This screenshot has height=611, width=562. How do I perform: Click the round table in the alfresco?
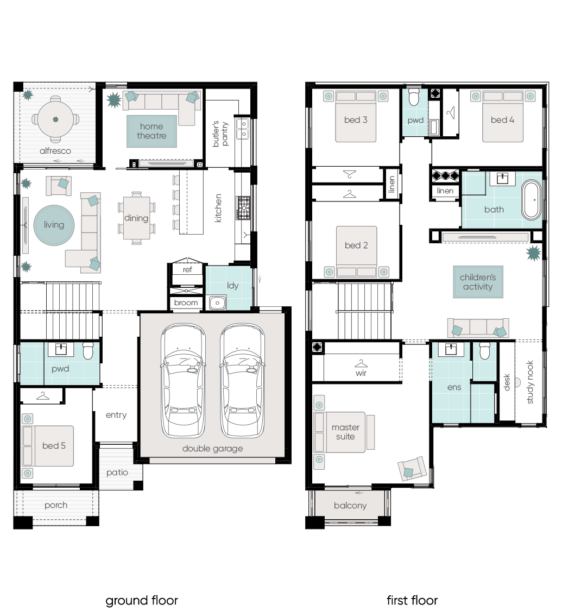click(x=55, y=119)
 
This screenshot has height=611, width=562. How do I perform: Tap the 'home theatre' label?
click(x=151, y=131)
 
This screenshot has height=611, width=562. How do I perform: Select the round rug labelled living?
click(x=54, y=225)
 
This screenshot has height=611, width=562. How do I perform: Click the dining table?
click(x=136, y=218)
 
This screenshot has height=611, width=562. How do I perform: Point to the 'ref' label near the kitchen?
click(x=187, y=269)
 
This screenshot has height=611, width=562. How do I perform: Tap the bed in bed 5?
click(x=49, y=445)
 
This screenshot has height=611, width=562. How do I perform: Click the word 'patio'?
click(x=117, y=473)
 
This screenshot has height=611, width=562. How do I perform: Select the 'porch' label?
click(x=56, y=505)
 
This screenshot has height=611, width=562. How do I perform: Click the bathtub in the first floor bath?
click(x=531, y=200)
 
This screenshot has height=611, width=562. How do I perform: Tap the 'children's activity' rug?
click(x=478, y=282)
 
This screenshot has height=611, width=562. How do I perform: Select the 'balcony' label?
click(x=350, y=506)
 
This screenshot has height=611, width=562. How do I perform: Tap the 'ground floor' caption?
click(x=142, y=600)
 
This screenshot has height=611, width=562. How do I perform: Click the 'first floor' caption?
click(x=412, y=600)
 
